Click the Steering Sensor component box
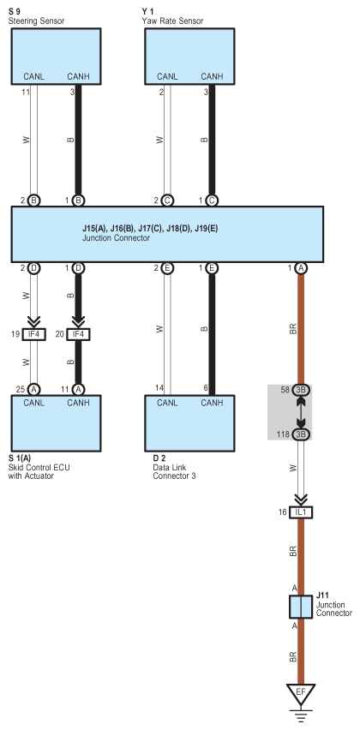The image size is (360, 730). pos(56,57)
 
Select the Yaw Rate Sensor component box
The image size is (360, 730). pos(189,57)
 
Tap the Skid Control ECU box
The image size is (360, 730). pos(56,423)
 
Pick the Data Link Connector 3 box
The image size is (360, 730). pos(189,423)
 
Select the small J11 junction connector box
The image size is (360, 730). pos(301,607)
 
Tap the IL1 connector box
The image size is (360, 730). pos(301,512)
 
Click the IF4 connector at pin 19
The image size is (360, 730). pos(33,334)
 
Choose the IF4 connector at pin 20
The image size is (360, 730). pos(78,334)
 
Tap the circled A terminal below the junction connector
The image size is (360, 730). pos(301,267)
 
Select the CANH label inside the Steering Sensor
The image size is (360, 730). pos(78,76)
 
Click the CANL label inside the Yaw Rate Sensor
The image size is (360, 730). pos(167,76)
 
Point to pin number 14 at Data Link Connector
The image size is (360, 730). pos(159,387)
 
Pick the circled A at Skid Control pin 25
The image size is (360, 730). pos(33,389)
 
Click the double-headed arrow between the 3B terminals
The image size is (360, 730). pos(301,412)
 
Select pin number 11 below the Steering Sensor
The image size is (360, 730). pos(26,93)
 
